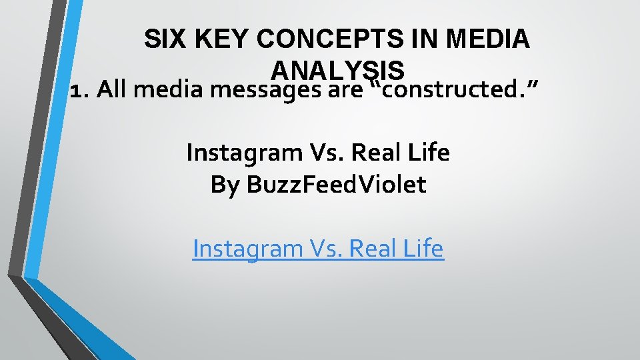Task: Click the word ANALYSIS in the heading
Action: [338, 70]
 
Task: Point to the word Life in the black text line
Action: [431, 153]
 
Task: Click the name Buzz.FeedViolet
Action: [336, 185]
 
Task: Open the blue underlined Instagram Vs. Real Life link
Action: [317, 249]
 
